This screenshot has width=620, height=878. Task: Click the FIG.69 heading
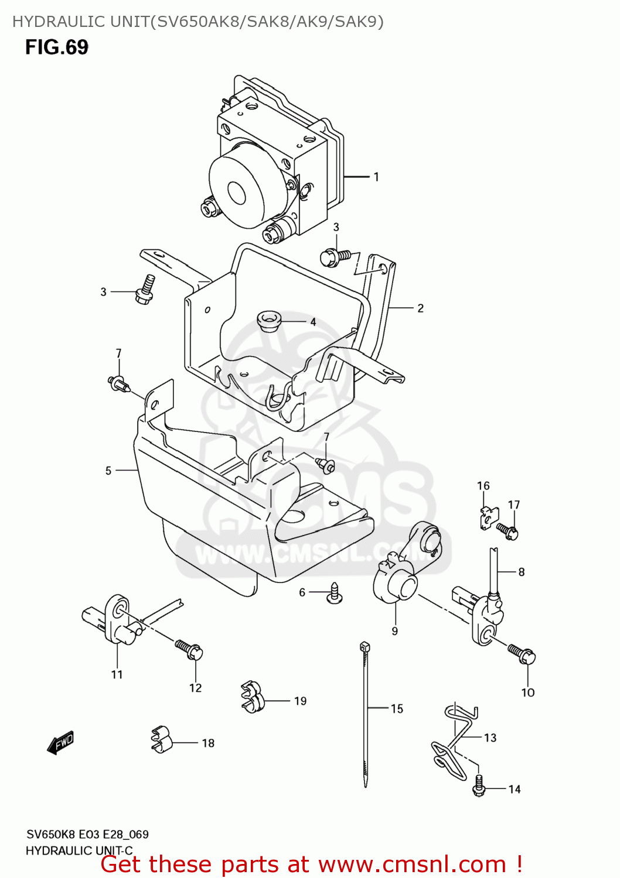point(56,47)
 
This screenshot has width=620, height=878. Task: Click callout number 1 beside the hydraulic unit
point(376,176)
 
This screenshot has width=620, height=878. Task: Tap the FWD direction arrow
point(61,742)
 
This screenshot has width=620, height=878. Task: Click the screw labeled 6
point(335,592)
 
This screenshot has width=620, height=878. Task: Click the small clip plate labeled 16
point(488,517)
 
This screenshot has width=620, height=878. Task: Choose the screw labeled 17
point(507,531)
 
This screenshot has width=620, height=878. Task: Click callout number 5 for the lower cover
point(108,471)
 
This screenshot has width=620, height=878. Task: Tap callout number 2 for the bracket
point(420,308)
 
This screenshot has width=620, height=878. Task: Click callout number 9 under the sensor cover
point(395,631)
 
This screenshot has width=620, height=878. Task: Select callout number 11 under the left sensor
point(117,674)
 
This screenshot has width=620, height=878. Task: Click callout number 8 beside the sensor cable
point(521,572)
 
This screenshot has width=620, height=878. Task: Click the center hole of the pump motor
point(236,193)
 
